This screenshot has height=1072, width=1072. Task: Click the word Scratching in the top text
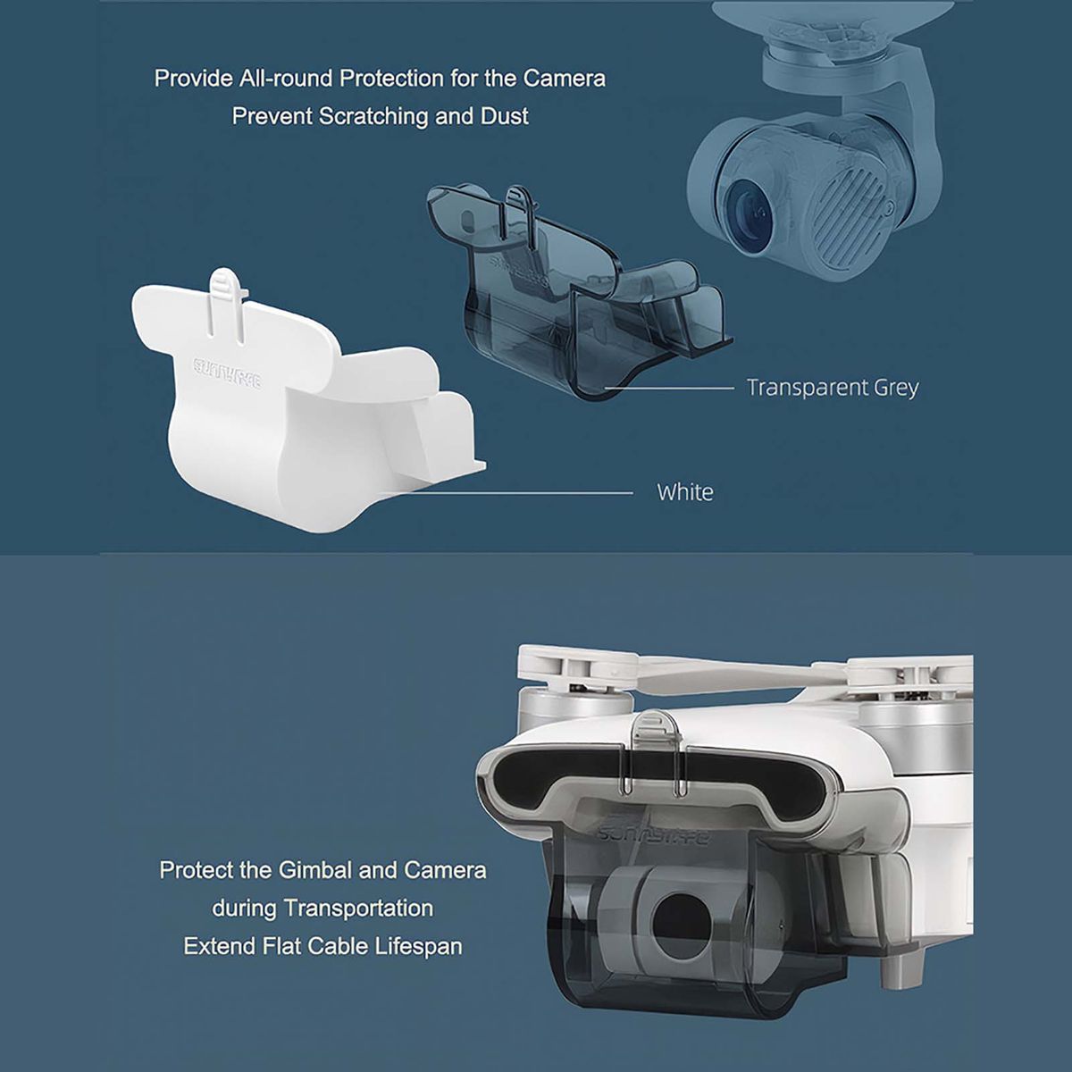click(373, 117)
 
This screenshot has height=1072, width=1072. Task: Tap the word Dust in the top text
click(505, 116)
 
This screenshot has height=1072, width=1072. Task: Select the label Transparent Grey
click(833, 389)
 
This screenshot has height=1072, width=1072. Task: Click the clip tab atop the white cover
click(227, 300)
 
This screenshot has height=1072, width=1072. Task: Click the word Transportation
click(358, 909)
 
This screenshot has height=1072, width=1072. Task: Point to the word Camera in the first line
click(564, 79)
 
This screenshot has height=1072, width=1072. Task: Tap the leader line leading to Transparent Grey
click(670, 388)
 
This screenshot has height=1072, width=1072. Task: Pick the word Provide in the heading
click(193, 79)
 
